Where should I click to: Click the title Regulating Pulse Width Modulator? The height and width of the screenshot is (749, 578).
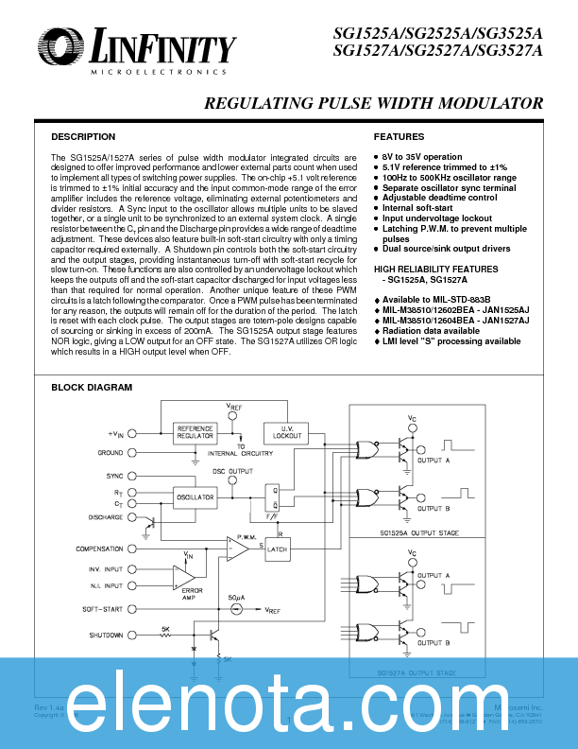click(373, 103)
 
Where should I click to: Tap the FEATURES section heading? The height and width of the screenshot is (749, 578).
click(399, 137)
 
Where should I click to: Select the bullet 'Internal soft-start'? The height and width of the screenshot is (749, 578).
click(419, 208)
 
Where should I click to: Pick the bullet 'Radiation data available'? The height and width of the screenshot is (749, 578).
click(431, 331)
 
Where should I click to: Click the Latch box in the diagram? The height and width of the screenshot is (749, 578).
click(276, 549)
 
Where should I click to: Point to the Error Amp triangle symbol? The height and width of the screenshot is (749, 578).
click(183, 576)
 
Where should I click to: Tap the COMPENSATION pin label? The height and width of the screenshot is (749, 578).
click(99, 549)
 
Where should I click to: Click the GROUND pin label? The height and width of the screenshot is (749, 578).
click(110, 453)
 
